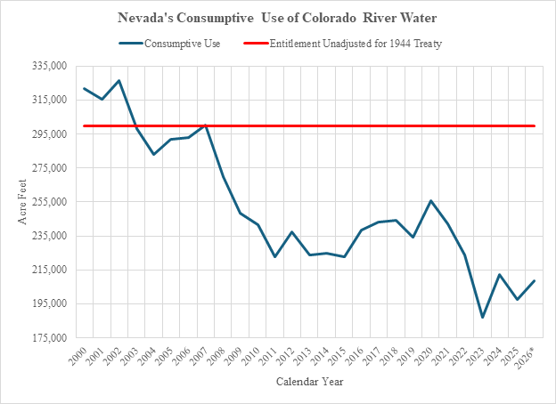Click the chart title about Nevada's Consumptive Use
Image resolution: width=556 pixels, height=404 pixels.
coord(277,18)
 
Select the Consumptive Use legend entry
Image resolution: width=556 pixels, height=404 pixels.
coord(170,44)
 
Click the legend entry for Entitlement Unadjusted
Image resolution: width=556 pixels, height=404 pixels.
coord(342,44)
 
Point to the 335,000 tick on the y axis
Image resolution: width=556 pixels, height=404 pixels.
coord(50,66)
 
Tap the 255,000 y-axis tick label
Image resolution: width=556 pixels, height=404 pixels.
coord(50,201)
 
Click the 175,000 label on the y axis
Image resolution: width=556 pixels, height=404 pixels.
coord(50,337)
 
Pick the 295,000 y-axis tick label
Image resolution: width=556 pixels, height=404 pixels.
coord(50,133)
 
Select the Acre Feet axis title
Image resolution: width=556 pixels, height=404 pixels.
coord(22,201)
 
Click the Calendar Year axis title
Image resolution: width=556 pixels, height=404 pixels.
coord(309,382)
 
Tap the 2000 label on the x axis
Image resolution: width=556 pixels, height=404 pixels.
coord(78,356)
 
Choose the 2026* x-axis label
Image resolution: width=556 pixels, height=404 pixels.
coord(526,358)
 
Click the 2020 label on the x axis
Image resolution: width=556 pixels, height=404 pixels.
coord(424,356)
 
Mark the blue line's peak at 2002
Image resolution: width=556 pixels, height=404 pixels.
coord(119,80)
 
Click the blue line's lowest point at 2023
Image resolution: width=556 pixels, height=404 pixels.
coord(482,318)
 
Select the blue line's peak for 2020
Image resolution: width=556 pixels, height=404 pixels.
coord(430,201)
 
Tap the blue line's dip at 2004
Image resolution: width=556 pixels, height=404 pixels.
coord(153,154)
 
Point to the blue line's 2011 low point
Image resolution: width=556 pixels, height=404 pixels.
coord(274,256)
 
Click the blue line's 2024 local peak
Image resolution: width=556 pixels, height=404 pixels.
coord(500,274)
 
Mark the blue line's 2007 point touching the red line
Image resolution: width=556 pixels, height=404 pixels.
coord(206,125)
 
